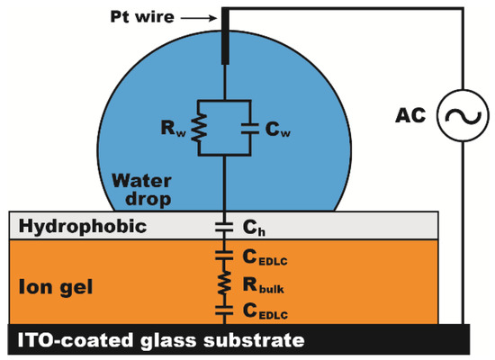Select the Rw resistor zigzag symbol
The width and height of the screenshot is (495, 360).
point(203,126)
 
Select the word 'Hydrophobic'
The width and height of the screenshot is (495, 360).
point(68,226)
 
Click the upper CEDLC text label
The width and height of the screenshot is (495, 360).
point(269,257)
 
